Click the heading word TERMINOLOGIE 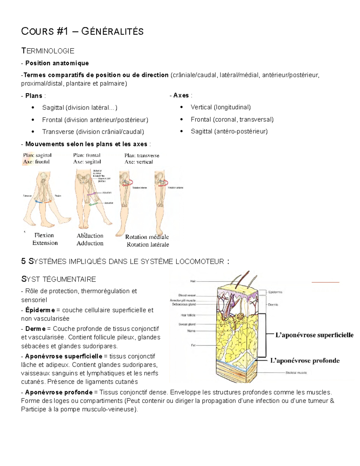[48, 51]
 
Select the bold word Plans [34, 96]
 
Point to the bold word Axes [181, 95]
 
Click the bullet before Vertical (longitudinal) [181, 107]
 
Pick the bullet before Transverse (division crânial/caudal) [33, 132]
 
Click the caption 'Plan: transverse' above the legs [142, 155]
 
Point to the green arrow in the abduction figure [93, 204]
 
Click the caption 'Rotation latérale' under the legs [148, 245]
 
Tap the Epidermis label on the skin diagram [275, 292]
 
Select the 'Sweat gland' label [187, 324]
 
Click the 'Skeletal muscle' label [296, 373]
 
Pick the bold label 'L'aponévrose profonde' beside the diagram [305, 361]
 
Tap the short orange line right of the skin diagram [325, 282]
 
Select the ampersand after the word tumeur [332, 401]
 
